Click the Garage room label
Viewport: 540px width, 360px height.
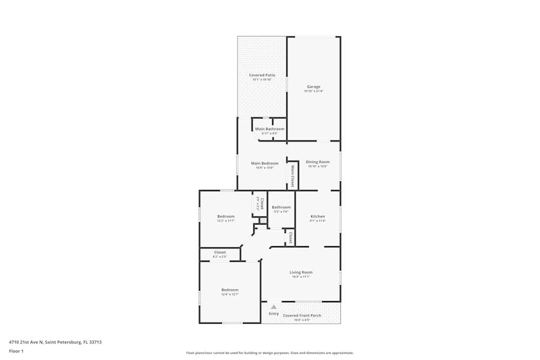tap(314, 86)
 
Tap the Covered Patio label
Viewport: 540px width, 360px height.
tap(262, 75)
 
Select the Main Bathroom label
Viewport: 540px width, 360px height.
tap(269, 129)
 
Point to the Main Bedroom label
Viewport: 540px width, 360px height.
tap(265, 163)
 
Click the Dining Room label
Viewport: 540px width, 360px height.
tap(318, 162)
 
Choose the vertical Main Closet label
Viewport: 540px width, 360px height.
tap(293, 176)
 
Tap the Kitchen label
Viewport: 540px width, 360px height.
tap(318, 216)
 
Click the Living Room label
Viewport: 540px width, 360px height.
tap(301, 273)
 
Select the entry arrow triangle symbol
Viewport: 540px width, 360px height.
tap(274, 307)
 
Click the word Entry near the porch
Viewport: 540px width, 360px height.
tap(274, 314)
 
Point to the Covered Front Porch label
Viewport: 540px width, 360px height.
tap(302, 315)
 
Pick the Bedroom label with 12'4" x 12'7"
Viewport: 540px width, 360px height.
tap(230, 290)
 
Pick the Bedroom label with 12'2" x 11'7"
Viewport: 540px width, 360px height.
tap(226, 216)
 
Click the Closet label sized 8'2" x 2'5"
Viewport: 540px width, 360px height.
tap(220, 252)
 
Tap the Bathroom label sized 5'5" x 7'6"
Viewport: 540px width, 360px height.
tap(281, 207)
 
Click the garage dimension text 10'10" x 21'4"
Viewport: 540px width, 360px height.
tap(314, 91)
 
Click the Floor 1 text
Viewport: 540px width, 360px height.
tap(16, 351)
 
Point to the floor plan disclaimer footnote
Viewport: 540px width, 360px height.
tap(270, 353)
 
